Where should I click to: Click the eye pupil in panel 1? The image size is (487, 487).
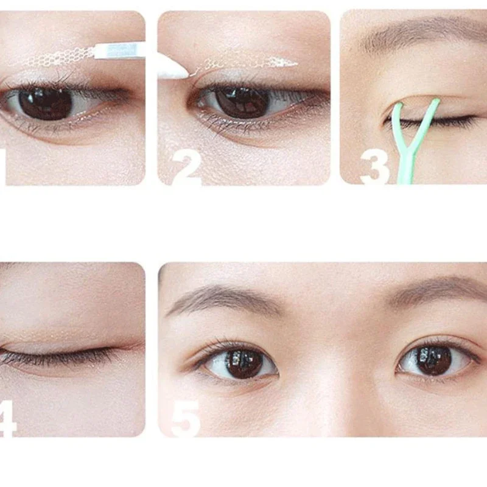46,102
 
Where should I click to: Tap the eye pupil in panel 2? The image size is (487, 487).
242,101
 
